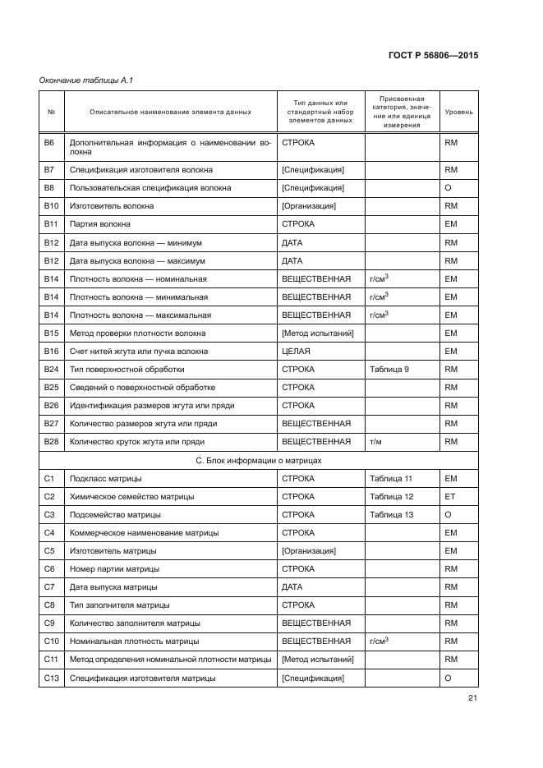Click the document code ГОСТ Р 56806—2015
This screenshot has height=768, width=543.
pos(434,55)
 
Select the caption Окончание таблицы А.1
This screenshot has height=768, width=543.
pos(87,80)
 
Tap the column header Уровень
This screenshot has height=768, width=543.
pos(458,111)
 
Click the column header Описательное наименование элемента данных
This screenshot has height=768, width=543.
pos(170,111)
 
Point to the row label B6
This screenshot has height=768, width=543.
pos(48,142)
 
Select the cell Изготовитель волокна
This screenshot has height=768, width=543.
pos(112,206)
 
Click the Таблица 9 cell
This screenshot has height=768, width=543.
pos(389,370)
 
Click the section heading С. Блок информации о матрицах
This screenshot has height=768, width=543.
pos(259,460)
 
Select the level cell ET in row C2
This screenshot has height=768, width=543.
pos(450,496)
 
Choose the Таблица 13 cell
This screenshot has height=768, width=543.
pos(391,515)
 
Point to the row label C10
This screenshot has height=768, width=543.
pos(50,642)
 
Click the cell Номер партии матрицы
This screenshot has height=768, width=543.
pos(115,569)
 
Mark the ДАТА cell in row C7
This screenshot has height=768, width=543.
pos(292,587)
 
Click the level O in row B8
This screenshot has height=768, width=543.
pos(449,188)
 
